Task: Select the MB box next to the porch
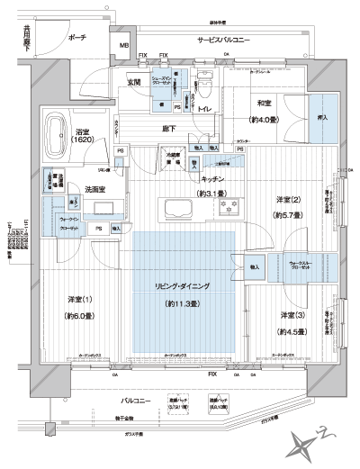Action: (x=125, y=46)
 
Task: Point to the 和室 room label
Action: (x=264, y=103)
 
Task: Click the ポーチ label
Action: (x=76, y=38)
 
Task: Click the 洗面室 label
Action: (x=96, y=190)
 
